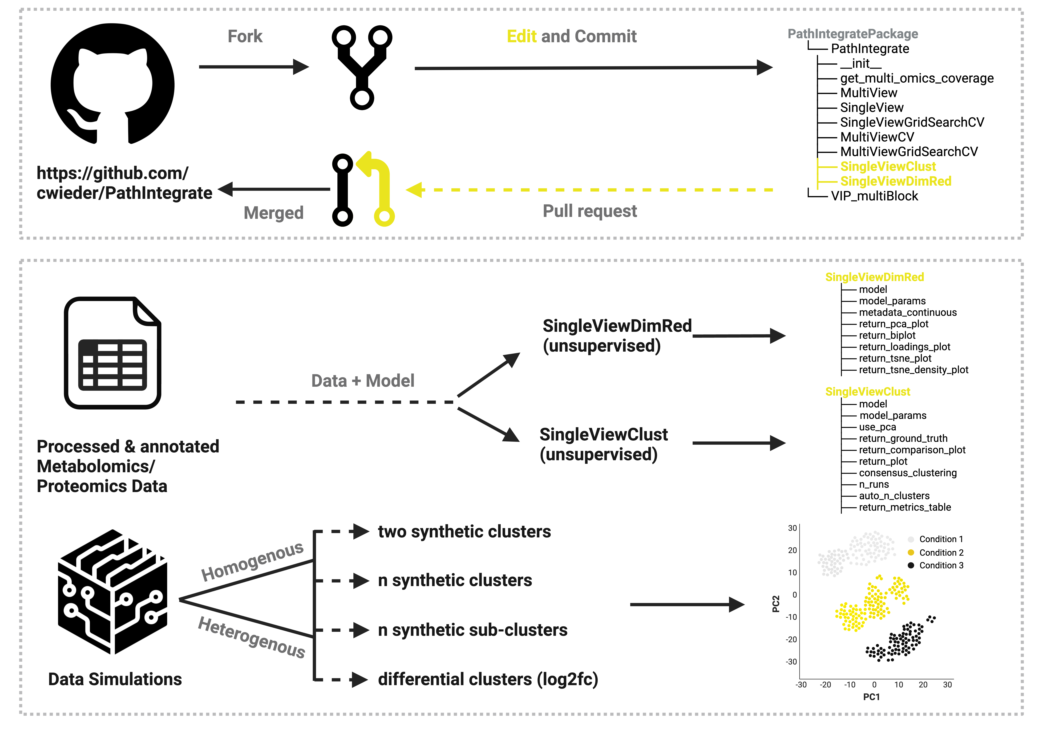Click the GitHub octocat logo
[112, 84]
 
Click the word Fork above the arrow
[245, 36]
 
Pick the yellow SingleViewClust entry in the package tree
[888, 167]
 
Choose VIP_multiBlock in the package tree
[874, 196]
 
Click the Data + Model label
[362, 381]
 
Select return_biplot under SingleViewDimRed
[887, 335]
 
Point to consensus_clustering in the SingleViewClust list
[907, 473]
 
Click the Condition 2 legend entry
[940, 552]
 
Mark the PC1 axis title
[871, 697]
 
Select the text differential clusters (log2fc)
[488, 680]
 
